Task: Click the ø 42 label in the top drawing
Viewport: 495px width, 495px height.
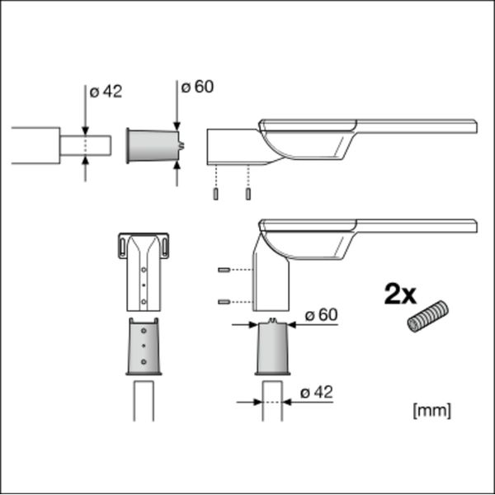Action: coord(106,92)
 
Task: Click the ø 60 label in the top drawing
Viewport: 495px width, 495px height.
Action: coord(197,87)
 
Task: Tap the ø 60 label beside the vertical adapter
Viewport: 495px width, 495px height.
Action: coord(322,315)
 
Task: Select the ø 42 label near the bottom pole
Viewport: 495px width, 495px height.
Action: coord(317,393)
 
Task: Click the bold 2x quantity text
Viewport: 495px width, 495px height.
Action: coord(400,295)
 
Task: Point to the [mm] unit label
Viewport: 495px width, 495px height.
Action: coord(431,411)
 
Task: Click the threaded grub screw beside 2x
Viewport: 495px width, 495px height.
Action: coord(427,317)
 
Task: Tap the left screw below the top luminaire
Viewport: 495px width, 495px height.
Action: coord(215,194)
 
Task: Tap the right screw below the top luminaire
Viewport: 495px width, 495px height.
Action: coord(248,194)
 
